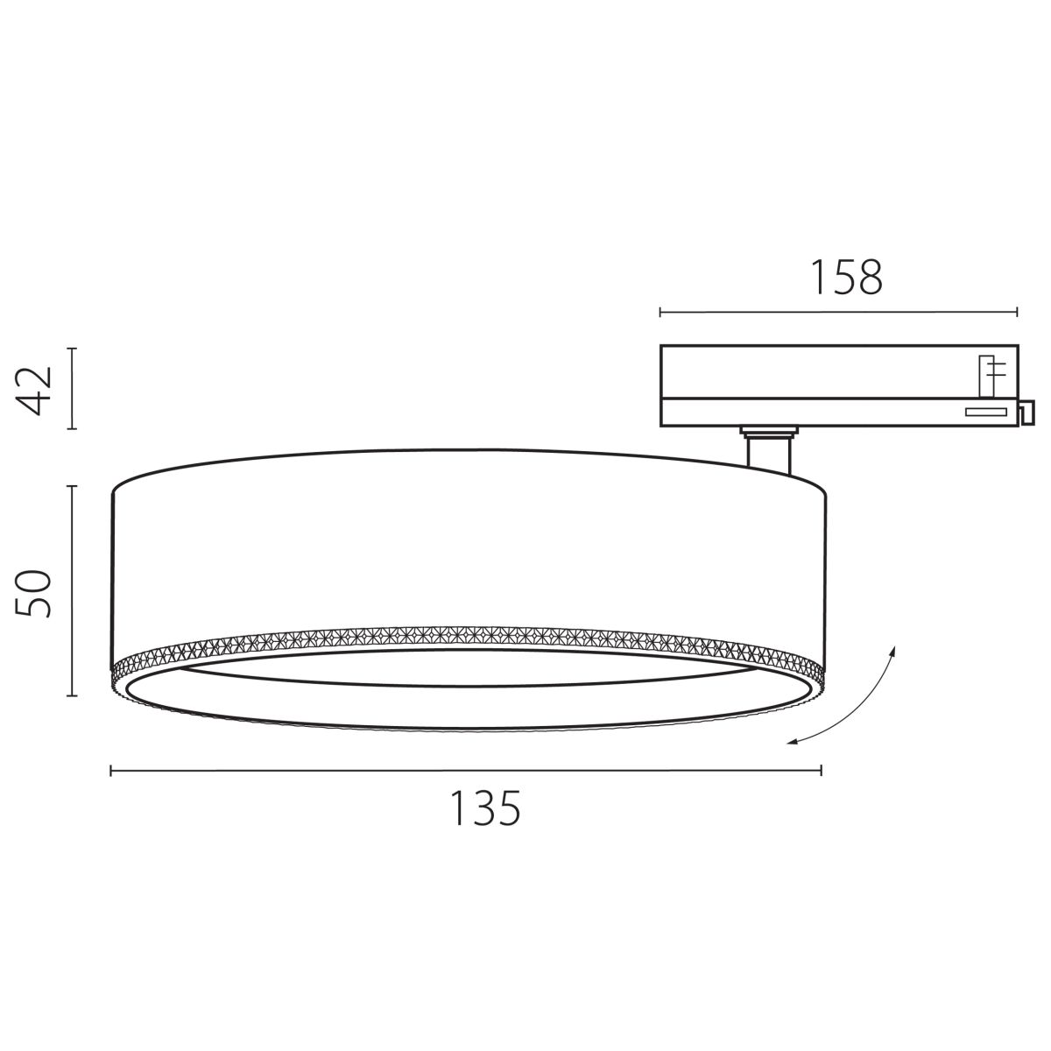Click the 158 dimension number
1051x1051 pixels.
pos(845,277)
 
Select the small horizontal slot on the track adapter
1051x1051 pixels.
pos(986,412)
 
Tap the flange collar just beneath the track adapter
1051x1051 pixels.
pos(767,430)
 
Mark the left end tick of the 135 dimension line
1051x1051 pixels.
pos(111,770)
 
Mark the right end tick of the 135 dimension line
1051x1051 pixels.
pos(821,770)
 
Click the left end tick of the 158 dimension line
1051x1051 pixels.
pos(660,311)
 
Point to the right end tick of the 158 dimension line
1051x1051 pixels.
pos(1017,311)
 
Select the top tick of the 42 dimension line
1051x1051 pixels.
pos(73,349)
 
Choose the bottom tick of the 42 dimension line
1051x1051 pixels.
pos(73,429)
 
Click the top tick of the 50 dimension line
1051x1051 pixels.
pos(73,486)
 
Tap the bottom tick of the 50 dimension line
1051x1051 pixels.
pos(73,696)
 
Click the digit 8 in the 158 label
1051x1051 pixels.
pos(869,277)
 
